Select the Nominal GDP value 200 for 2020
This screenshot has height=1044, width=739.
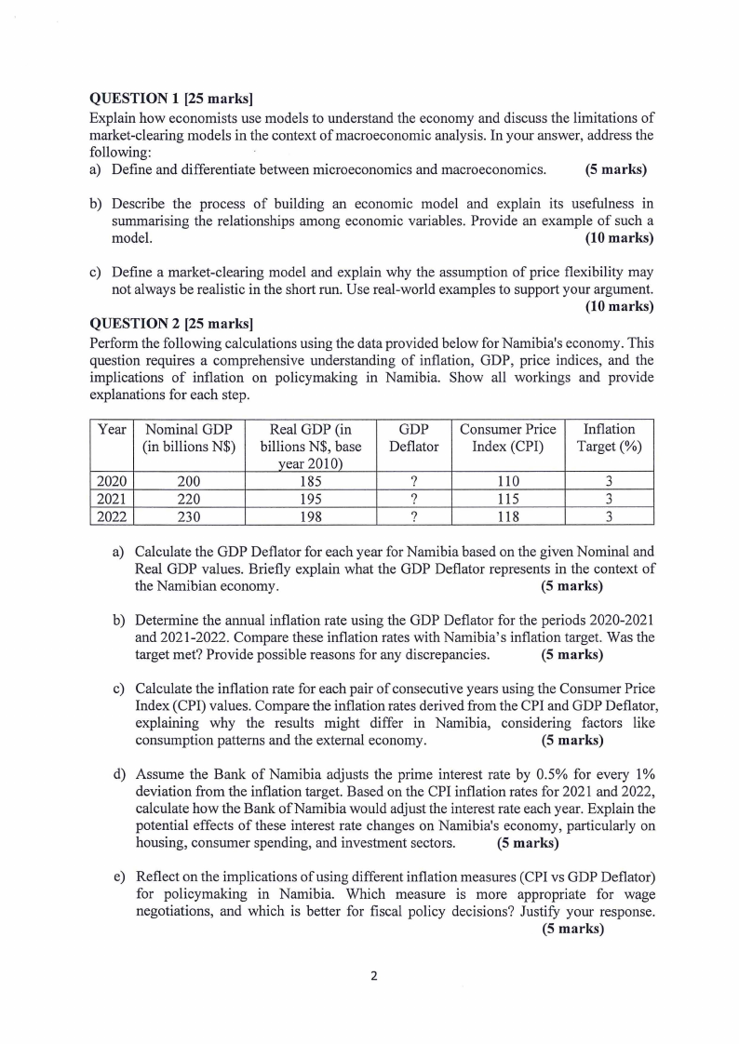coord(190,482)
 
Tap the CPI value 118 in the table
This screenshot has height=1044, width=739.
coord(507,517)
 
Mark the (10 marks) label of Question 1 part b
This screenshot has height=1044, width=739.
coord(619,238)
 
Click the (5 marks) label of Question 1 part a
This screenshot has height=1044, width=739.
coord(615,170)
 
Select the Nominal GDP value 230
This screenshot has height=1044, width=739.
coord(190,517)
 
